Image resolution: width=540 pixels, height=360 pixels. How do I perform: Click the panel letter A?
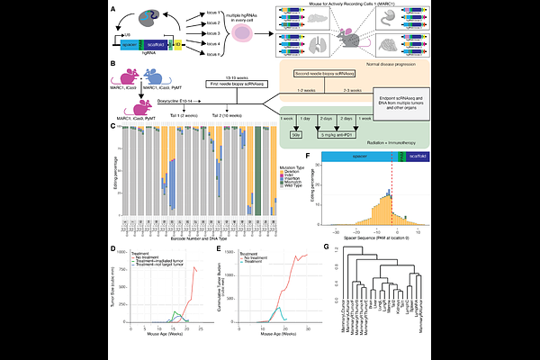coord(112,8)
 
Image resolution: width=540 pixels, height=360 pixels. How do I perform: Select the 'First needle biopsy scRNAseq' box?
coord(205,84)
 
